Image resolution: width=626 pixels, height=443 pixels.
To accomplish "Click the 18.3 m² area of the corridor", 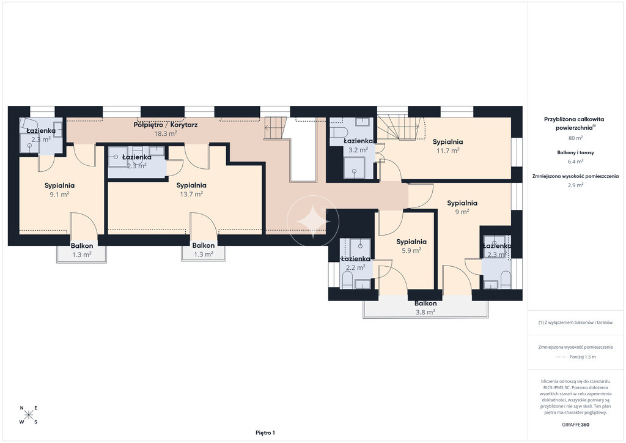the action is [x=166, y=134].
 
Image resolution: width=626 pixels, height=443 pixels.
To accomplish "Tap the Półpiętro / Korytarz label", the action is [x=165, y=125].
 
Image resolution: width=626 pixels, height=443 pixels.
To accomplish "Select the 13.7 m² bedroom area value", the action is [x=191, y=194].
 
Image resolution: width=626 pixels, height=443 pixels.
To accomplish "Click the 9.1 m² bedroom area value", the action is [x=59, y=195].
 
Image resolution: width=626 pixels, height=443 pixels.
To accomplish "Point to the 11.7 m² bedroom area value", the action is [x=448, y=151].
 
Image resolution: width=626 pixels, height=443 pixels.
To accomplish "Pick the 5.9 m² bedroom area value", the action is [x=411, y=250].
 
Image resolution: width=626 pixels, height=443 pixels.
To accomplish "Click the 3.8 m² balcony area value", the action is [x=425, y=313].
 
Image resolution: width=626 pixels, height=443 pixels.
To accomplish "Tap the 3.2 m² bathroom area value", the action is [x=358, y=150].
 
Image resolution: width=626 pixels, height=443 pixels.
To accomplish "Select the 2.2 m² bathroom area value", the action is [x=356, y=267].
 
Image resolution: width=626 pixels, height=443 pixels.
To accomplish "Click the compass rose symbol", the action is [x=29, y=415].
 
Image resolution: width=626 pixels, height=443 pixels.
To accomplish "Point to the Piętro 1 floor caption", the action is [x=265, y=433].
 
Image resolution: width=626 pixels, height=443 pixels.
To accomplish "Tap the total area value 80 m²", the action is [x=575, y=138].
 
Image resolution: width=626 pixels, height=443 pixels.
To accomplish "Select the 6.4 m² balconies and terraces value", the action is [x=575, y=162].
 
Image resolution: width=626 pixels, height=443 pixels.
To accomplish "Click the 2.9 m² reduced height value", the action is [x=575, y=185].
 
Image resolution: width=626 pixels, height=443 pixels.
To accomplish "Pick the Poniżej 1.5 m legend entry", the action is [x=583, y=357].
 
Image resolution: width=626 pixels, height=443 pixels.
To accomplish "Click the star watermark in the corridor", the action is [x=313, y=221].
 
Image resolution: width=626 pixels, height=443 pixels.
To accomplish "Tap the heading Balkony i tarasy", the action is [x=575, y=152].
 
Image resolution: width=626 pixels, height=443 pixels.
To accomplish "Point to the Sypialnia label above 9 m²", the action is [x=462, y=203].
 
